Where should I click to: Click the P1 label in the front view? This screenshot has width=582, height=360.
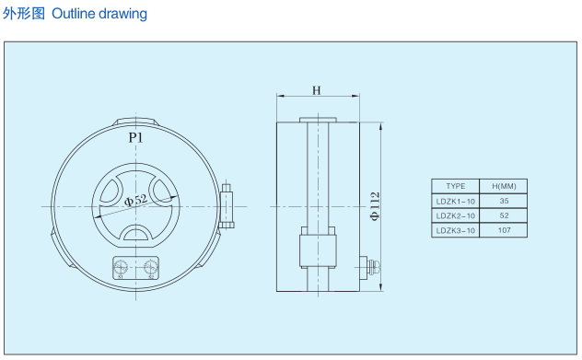pos(136,138)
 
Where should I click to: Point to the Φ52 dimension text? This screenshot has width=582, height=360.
pos(136,200)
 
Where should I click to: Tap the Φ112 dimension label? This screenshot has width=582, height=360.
pos(376,206)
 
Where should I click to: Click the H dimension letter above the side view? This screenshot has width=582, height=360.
pos(317,90)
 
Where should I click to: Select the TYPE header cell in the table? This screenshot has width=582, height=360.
pos(456,186)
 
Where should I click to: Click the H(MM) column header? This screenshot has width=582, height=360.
pos(504,186)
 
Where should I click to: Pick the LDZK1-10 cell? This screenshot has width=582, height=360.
pos(456,201)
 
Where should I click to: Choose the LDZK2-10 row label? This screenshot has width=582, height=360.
pos(456,215)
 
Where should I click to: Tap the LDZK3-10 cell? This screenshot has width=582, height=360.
pos(456,230)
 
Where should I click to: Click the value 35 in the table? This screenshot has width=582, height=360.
pos(504,201)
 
